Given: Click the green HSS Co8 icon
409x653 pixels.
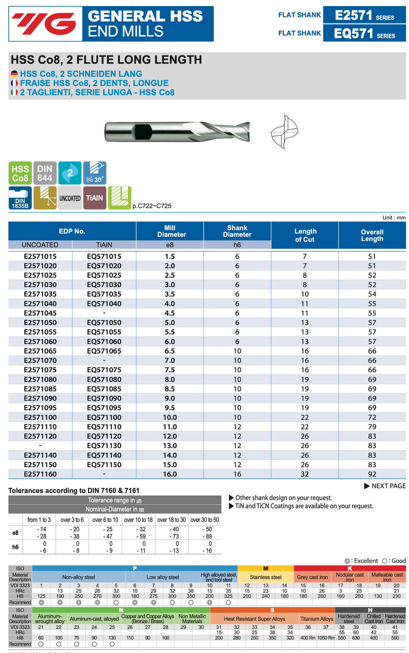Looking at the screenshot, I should tap(20, 173).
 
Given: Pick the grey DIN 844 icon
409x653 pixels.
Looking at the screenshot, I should tap(45, 173).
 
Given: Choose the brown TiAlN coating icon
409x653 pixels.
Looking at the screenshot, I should tap(94, 198).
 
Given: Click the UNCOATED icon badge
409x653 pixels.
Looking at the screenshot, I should tap(70, 198).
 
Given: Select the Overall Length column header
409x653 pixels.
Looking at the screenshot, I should tap(372, 235).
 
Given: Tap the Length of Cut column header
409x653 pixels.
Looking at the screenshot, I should tap(305, 235).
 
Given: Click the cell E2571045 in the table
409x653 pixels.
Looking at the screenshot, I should tap(40, 313).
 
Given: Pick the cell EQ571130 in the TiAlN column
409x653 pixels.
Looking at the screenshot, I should tap(104, 445).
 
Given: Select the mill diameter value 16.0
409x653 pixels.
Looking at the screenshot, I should tap(169, 474).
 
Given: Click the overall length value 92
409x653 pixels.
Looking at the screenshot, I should tap(372, 474).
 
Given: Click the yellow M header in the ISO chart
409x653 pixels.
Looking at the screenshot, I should tap(266, 568).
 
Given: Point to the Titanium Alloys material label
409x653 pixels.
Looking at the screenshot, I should tap(316, 619).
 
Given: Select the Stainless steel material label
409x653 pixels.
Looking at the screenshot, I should tap(266, 577).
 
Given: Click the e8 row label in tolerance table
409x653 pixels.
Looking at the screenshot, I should tap(16, 533).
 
